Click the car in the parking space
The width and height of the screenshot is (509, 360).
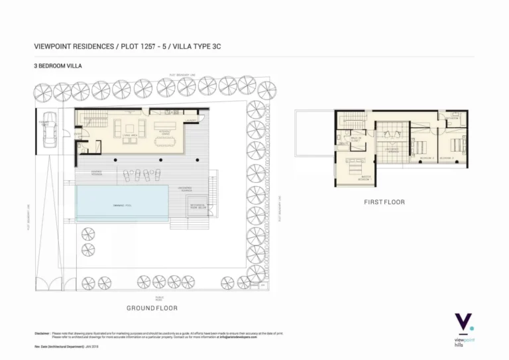(46, 135)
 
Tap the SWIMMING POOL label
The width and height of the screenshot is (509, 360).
(122, 205)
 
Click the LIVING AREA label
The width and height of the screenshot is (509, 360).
(129, 135)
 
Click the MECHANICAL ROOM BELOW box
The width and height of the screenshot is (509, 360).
(197, 207)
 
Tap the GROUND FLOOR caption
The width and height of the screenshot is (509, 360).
(152, 308)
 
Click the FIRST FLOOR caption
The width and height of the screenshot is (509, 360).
(384, 202)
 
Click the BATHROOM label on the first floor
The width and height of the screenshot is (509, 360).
(453, 119)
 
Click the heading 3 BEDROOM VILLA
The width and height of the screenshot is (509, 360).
(57, 66)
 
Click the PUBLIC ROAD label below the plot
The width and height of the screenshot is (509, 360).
(159, 299)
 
